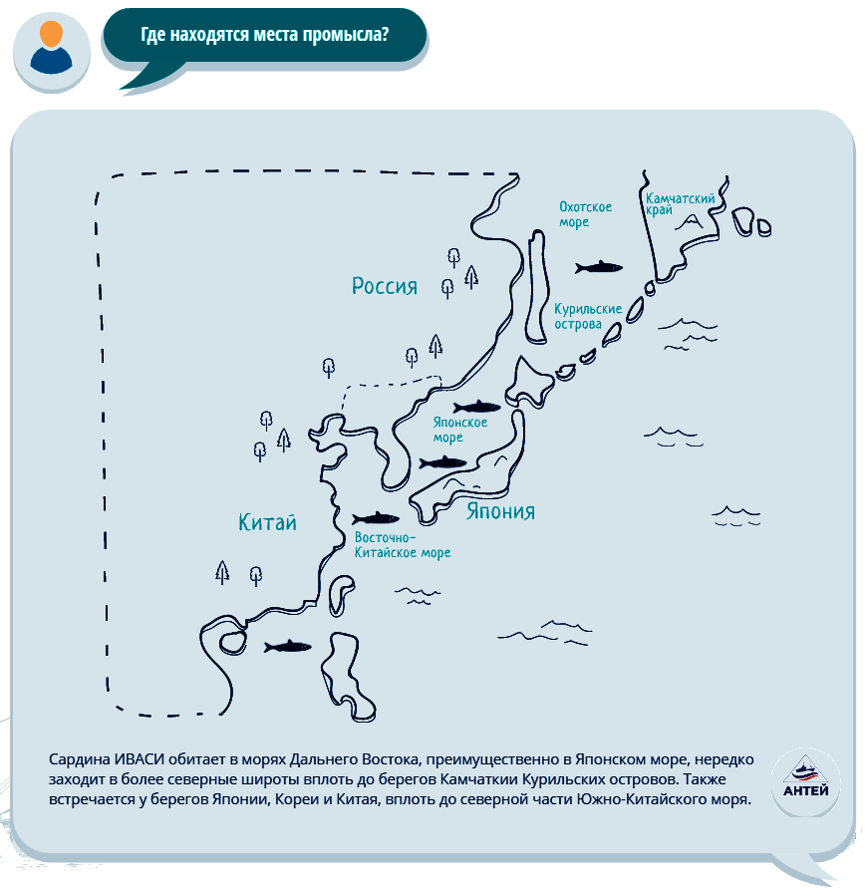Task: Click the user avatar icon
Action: (x=51, y=51)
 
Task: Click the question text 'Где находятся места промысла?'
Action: (x=265, y=35)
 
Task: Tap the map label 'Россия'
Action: (x=385, y=286)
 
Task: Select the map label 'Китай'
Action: (x=268, y=522)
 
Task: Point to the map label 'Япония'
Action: (x=500, y=511)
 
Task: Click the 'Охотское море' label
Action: (x=585, y=214)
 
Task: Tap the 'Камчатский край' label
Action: (x=680, y=204)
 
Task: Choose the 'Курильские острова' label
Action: (x=588, y=317)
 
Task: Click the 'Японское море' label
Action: (x=460, y=430)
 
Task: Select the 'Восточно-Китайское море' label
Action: (x=403, y=545)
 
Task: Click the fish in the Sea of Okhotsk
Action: (x=599, y=267)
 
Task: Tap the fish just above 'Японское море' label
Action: (x=476, y=407)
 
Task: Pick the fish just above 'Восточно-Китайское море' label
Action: (x=376, y=518)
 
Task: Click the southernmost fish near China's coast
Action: (x=287, y=646)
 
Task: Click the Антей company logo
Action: (x=805, y=782)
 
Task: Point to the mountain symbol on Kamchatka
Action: (x=690, y=222)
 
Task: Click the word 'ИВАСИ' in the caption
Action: (x=140, y=759)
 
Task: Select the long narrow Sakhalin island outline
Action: (x=537, y=286)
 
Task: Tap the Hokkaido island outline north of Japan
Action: (x=529, y=383)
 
